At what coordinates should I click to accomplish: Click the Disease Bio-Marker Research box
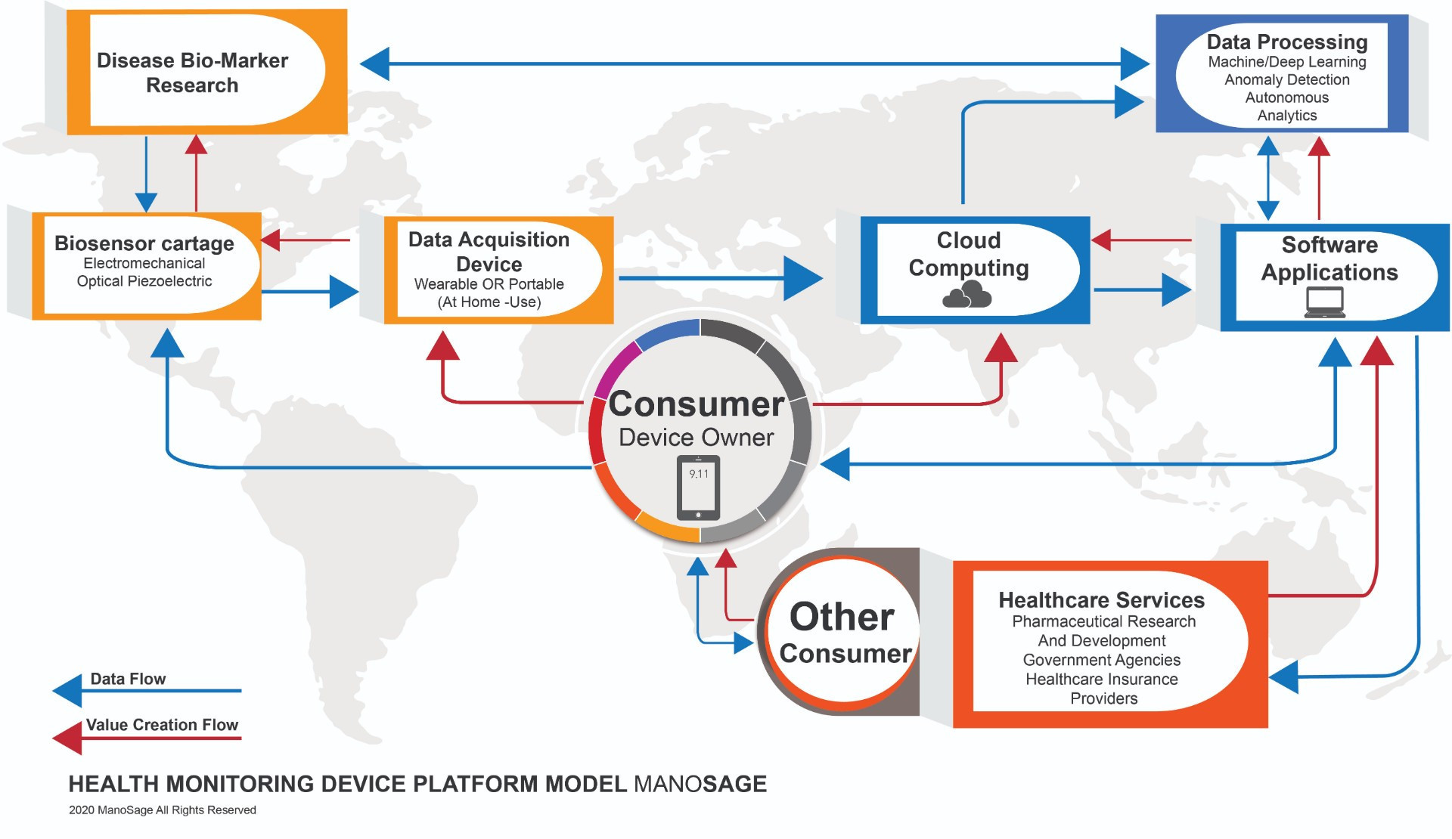193,73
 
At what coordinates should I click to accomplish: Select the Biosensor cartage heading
144,243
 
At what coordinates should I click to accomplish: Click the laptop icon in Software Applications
1324,303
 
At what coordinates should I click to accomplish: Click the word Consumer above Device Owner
697,404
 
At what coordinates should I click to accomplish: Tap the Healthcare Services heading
1101,600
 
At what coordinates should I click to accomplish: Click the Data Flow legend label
128,679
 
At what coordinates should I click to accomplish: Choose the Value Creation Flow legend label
162,725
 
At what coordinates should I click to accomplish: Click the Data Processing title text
1286,42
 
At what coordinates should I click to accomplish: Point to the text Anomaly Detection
1286,79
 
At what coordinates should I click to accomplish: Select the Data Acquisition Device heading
489,252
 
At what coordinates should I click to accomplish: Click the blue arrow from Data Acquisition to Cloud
718,278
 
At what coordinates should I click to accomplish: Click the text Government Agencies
1101,660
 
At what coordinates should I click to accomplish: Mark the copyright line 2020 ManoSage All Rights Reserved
162,810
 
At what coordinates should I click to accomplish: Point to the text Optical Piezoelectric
144,281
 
